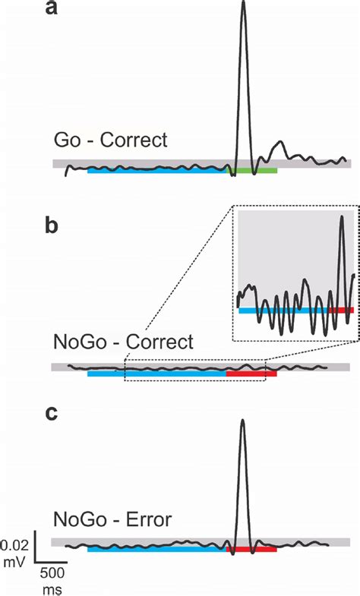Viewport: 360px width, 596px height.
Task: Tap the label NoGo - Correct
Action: pyautogui.click(x=123, y=342)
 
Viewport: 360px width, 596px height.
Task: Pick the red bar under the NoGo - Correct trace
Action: pyautogui.click(x=251, y=374)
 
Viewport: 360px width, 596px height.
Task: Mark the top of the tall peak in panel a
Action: pyautogui.click(x=243, y=3)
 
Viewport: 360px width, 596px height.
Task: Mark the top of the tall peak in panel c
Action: pyautogui.click(x=242, y=421)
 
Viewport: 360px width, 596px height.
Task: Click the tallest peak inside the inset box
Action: pyautogui.click(x=342, y=217)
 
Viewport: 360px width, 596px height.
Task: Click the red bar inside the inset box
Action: pyautogui.click(x=341, y=311)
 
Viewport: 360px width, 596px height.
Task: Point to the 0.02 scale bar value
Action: pyautogui.click(x=16, y=544)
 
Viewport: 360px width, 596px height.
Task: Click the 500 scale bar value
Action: pyautogui.click(x=52, y=572)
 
